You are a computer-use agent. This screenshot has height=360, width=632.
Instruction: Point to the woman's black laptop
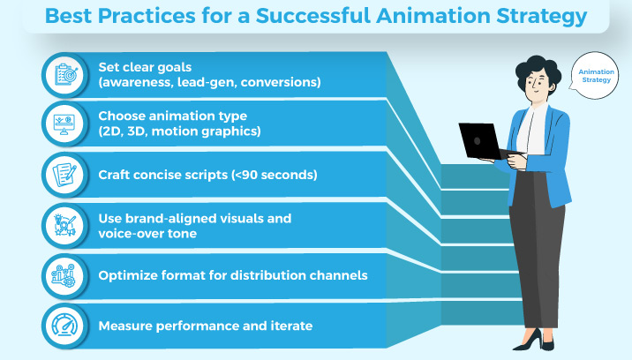click(481, 140)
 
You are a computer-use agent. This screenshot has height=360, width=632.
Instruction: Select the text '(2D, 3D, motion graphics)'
click(181, 132)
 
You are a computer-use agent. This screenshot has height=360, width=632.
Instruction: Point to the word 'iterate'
click(290, 326)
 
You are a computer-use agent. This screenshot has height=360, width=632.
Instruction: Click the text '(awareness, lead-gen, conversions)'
click(209, 82)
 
